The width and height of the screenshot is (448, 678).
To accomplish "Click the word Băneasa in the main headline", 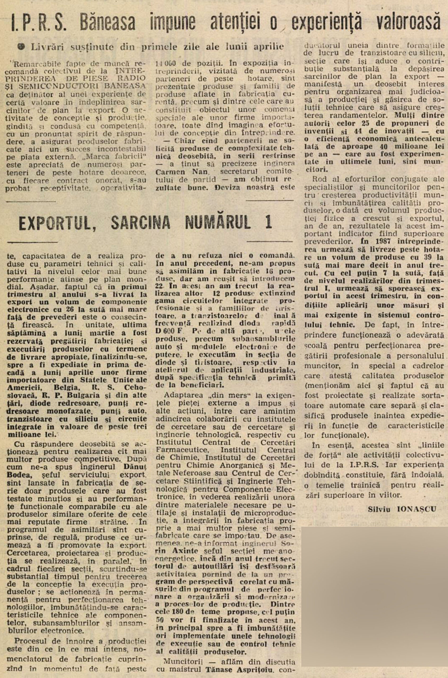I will [x=108, y=22].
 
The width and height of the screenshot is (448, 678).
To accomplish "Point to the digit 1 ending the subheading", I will [x=269, y=222].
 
